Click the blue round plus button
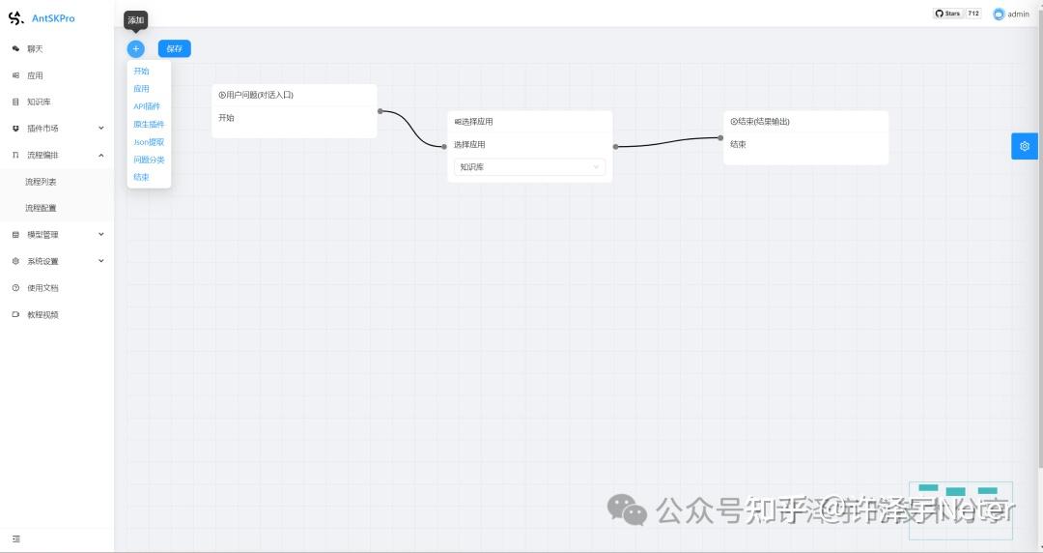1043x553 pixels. coord(136,48)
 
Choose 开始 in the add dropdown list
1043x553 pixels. coord(141,72)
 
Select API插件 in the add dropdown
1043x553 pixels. coord(147,106)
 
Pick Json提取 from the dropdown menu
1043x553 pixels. coord(149,142)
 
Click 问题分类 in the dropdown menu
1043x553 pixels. coord(149,160)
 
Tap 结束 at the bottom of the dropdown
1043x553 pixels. coord(141,177)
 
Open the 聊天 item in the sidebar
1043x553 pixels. coord(35,48)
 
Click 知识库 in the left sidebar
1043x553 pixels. coord(39,102)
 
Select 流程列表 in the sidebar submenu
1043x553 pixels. coord(41,182)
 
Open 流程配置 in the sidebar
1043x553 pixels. coord(41,208)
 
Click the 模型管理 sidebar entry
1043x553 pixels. coord(42,235)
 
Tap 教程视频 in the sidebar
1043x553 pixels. coord(42,315)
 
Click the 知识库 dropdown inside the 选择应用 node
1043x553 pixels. coord(529,167)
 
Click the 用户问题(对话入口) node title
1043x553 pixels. coord(256,95)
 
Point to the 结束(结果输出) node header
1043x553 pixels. coord(760,122)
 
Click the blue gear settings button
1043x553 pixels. coord(1025,146)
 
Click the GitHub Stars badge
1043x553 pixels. coord(956,14)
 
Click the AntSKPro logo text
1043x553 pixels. coord(53,18)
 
